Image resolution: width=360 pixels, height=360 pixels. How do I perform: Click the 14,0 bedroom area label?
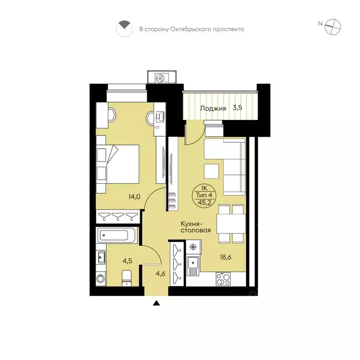click(x=135, y=197)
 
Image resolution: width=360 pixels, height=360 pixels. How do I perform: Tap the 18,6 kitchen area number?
click(x=225, y=257)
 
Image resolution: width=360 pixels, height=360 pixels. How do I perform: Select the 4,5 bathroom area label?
click(x=127, y=261)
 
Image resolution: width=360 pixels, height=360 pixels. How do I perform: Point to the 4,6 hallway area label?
click(x=160, y=274)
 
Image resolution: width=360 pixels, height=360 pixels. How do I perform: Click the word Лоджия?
click(x=213, y=108)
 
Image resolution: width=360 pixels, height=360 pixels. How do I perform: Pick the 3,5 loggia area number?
click(x=237, y=107)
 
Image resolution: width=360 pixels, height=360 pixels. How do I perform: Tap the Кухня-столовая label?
click(x=195, y=227)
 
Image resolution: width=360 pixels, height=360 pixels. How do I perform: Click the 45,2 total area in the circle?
click(x=204, y=203)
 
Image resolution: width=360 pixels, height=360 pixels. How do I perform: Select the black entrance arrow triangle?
click(x=157, y=303)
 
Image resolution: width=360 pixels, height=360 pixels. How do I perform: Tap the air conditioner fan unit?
click(x=162, y=78)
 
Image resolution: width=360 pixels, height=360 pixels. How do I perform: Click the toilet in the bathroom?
click(x=127, y=278)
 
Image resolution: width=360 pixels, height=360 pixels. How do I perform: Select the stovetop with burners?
click(x=223, y=279)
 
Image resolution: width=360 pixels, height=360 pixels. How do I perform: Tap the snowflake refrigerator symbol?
click(x=193, y=247)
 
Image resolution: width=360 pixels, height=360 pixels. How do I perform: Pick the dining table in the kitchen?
click(x=231, y=224)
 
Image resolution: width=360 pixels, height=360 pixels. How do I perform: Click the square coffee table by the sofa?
click(x=211, y=171)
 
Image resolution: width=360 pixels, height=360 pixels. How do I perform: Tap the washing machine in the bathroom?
click(x=101, y=278)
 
